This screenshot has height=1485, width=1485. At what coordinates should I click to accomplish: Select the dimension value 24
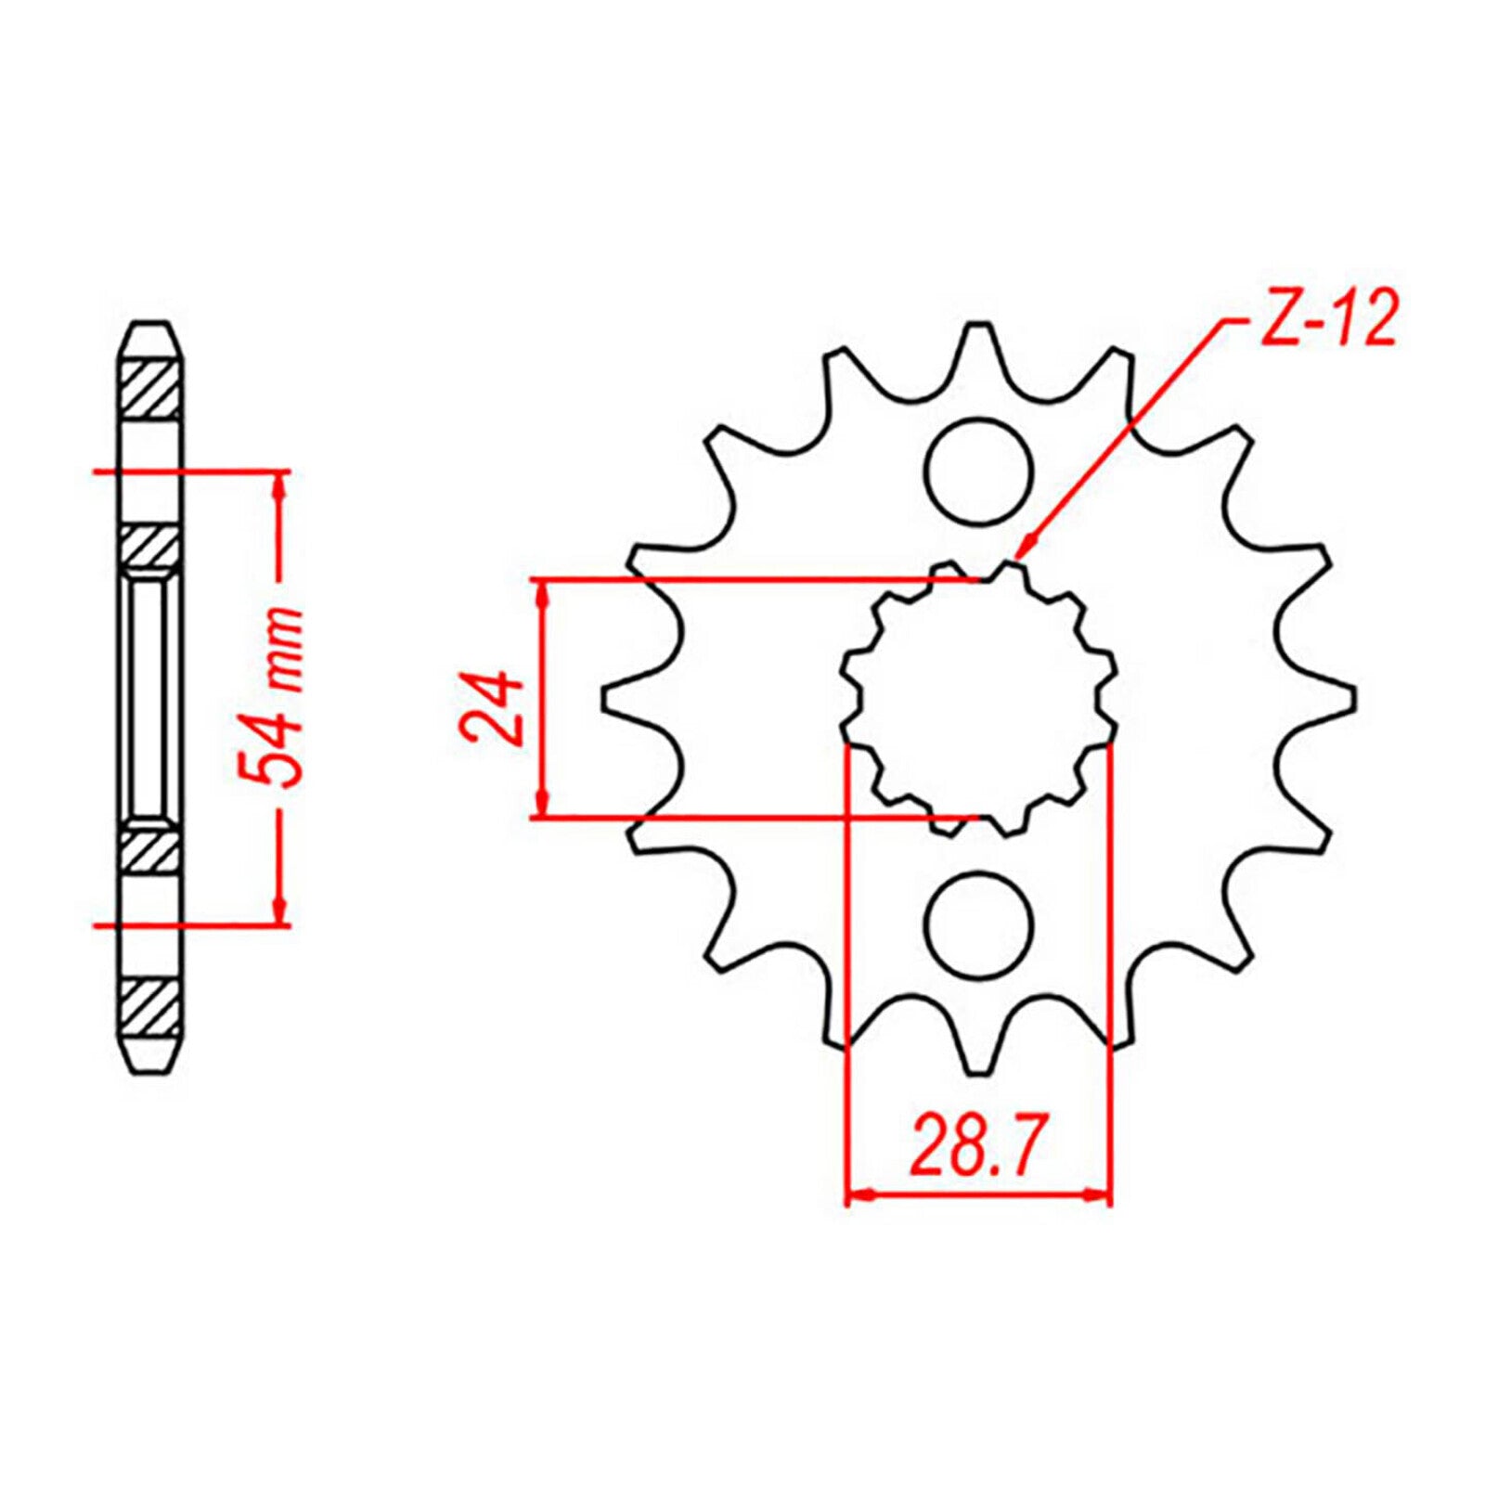495,706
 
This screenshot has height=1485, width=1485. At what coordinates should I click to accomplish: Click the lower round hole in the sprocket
979,924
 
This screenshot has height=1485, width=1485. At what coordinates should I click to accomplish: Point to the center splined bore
980,698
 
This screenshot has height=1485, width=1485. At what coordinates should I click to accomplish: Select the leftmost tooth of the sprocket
624,698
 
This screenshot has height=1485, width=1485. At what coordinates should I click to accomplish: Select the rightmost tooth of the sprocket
1336,698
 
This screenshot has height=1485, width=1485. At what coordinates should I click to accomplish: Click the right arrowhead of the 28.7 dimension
1101,1194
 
